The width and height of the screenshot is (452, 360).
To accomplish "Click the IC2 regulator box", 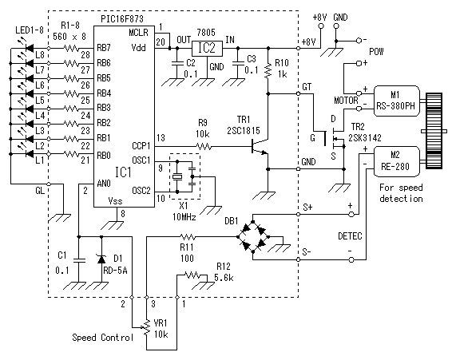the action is [x=208, y=48].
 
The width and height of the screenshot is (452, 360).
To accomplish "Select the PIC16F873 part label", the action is [x=122, y=19].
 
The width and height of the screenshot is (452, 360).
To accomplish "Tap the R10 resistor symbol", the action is [x=268, y=71].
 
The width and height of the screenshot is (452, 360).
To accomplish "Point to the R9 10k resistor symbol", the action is [x=204, y=147].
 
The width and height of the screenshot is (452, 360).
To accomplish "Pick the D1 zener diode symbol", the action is [x=101, y=259].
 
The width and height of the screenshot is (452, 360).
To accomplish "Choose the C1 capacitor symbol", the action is [x=79, y=260].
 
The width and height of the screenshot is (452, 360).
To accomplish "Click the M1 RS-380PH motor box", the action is [x=397, y=101].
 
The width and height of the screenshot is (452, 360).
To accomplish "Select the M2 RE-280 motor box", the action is [x=397, y=161].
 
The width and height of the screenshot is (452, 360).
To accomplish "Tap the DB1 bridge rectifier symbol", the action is [x=253, y=236].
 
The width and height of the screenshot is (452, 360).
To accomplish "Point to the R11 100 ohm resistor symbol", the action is [x=188, y=237].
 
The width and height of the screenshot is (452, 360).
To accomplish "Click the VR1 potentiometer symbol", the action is [x=147, y=327].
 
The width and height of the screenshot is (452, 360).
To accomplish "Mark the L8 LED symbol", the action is [x=30, y=48].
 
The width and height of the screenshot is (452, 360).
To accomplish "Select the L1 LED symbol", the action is [x=30, y=154].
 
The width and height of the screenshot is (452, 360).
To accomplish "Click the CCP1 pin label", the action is [x=141, y=146].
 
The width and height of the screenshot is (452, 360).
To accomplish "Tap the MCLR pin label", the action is [x=138, y=32].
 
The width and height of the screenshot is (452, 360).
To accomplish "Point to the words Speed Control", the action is [x=103, y=338].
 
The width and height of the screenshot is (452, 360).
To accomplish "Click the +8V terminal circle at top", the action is [x=320, y=26].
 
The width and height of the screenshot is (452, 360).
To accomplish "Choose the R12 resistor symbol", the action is [x=192, y=275].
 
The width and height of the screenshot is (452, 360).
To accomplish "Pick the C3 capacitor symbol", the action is [x=238, y=64].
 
